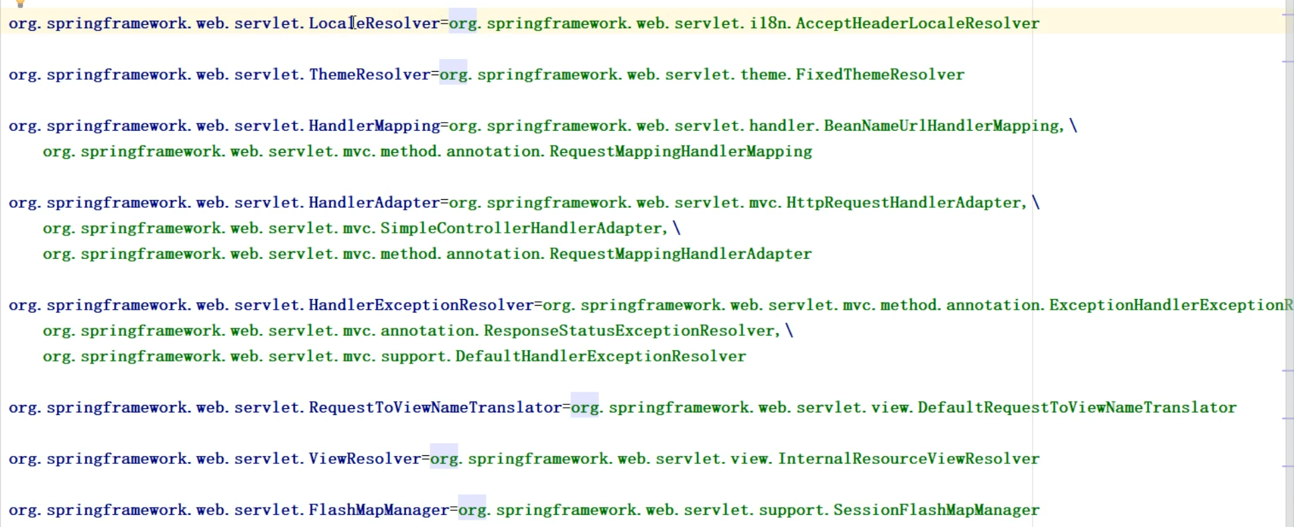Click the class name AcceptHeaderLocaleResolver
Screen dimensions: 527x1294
(917, 23)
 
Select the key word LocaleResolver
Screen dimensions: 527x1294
(374, 23)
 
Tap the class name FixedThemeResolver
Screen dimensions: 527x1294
(880, 74)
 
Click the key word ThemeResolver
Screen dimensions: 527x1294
(369, 74)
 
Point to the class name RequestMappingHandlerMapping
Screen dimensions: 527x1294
(680, 152)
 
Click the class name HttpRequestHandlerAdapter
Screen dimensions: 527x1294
(904, 203)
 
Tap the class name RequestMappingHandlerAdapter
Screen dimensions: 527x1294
(680, 254)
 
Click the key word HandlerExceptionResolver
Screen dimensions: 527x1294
(421, 306)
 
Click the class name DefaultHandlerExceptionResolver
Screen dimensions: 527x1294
(600, 357)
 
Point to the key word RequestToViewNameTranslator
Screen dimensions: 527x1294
(435, 408)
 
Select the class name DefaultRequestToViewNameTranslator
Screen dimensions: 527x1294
(1077, 408)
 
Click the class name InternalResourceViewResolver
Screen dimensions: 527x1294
(908, 459)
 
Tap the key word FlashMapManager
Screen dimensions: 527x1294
(379, 510)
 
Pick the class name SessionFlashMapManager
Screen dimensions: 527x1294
(936, 510)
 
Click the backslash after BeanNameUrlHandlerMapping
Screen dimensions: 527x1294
(1073, 126)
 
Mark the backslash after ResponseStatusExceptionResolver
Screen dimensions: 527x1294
(789, 331)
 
